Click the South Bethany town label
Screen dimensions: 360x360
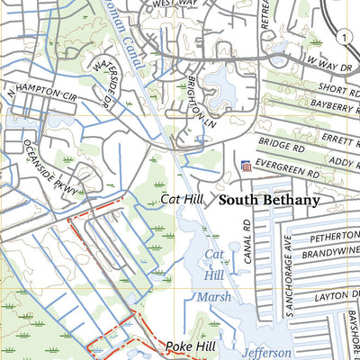pyautogui.click(x=269, y=200)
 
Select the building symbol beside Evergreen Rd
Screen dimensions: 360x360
pyautogui.click(x=246, y=166)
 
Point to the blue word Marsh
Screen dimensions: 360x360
pyautogui.click(x=214, y=297)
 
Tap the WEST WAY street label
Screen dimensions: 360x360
pyautogui.click(x=175, y=4)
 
